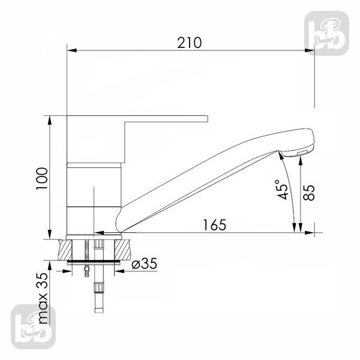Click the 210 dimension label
point(190,43)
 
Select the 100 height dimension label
point(42,178)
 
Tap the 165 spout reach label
point(215,225)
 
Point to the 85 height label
point(309,193)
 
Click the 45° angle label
point(283,190)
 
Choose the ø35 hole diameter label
point(145,263)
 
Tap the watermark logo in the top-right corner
point(327,33)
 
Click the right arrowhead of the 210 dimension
point(310,50)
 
